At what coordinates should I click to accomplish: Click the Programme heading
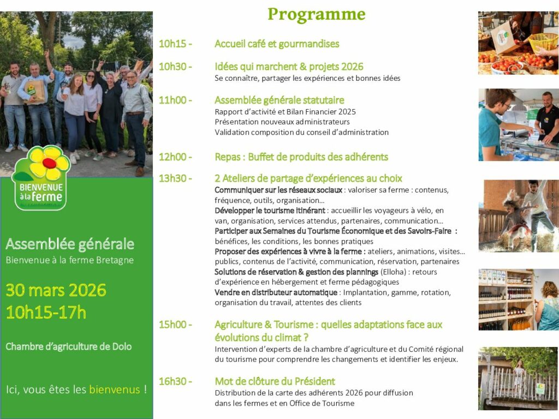[317, 15]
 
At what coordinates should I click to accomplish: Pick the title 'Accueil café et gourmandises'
[277, 44]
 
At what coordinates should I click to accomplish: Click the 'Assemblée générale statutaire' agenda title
[279, 100]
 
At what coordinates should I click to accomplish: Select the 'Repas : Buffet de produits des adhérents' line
[301, 157]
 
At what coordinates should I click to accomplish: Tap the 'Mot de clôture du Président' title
[275, 381]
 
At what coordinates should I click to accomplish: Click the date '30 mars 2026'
[56, 290]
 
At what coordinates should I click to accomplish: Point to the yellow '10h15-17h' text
[46, 313]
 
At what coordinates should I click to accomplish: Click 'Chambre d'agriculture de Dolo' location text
[69, 346]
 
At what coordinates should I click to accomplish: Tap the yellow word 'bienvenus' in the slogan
[115, 390]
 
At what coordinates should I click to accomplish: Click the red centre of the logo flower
[49, 163]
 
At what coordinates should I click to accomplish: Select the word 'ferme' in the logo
[47, 196]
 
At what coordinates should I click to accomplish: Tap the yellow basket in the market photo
[543, 41]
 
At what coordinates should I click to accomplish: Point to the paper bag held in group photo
[35, 91]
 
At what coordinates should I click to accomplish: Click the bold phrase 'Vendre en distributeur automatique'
[276, 292]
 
